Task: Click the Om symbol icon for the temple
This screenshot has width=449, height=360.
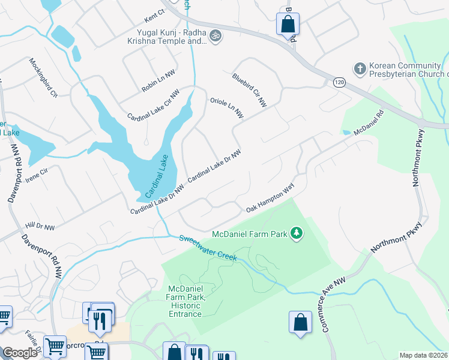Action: coord(215,37)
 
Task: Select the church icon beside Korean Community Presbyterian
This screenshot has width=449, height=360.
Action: coord(360,68)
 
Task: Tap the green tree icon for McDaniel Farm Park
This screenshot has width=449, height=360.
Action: coord(296,232)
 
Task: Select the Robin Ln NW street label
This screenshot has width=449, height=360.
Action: coord(158,80)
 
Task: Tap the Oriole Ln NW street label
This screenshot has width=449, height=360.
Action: coord(226,108)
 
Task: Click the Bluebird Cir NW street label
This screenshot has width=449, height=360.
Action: coord(249,91)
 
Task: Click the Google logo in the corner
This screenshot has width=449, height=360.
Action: coord(20,353)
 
